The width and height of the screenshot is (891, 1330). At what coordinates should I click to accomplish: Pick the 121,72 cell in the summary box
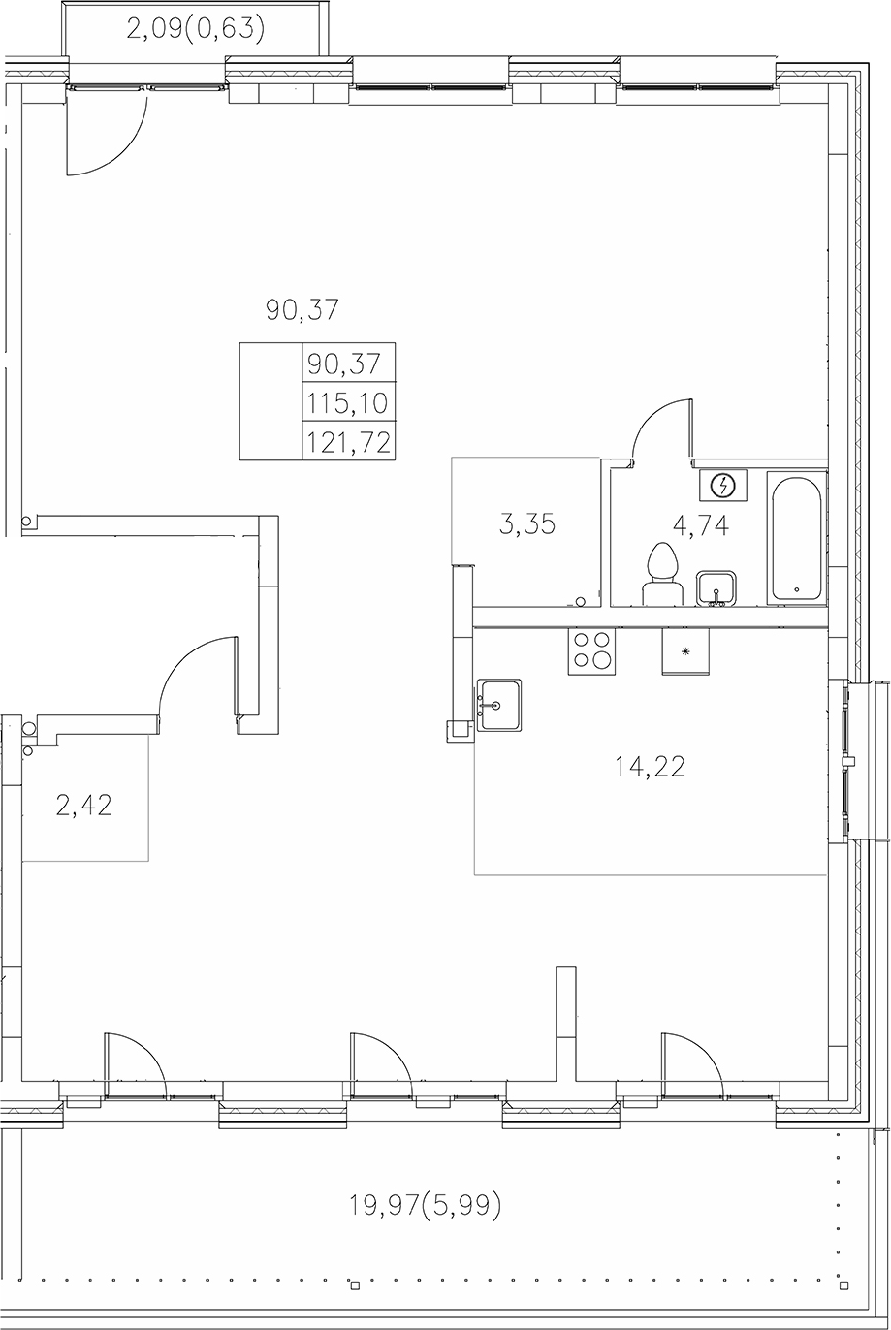point(348,442)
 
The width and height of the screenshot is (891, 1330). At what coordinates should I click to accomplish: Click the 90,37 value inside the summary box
point(348,364)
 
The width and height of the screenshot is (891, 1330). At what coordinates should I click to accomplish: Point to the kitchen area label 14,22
point(650,767)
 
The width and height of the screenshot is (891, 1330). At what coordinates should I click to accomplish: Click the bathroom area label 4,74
point(700,525)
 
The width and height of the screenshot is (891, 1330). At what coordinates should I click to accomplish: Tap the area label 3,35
point(526,525)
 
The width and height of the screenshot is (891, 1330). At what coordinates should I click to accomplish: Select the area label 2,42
point(84,805)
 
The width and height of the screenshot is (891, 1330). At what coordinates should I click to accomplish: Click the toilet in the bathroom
point(662,574)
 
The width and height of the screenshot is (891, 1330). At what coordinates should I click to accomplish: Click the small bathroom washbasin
point(716,588)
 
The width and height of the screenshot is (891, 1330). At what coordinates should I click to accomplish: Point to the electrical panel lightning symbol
point(723,485)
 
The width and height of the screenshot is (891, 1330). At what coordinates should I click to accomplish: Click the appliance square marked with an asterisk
point(685,650)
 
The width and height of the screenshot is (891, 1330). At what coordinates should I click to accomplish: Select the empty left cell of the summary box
point(271,401)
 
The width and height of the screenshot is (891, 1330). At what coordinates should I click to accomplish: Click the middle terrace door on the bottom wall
point(381,1064)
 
